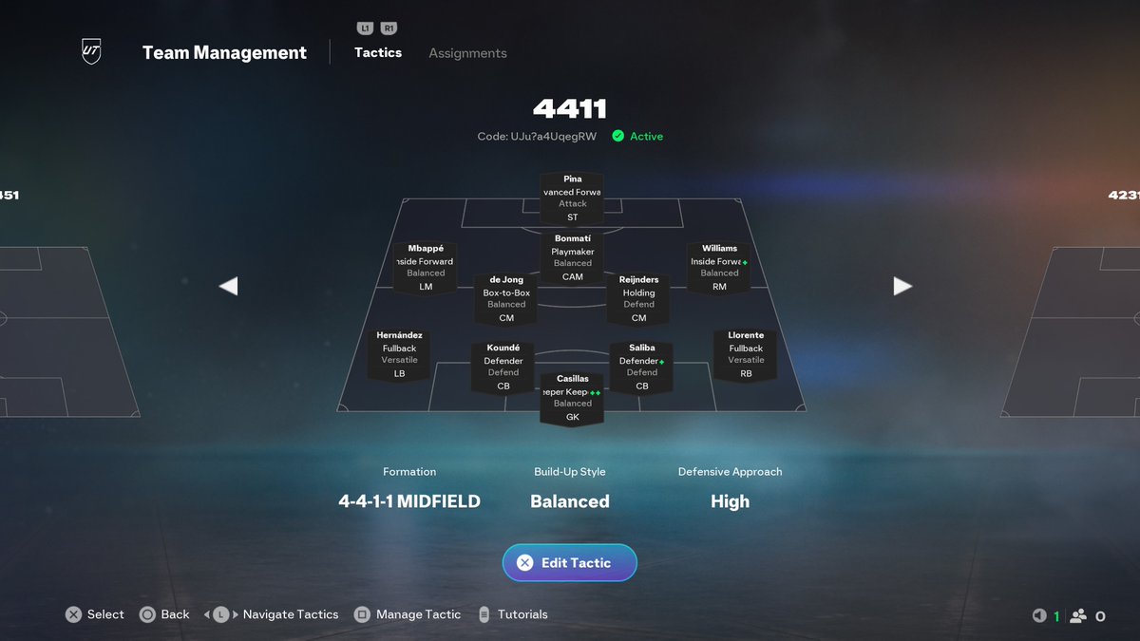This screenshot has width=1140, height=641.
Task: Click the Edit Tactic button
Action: [570, 563]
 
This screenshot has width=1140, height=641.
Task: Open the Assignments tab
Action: [467, 53]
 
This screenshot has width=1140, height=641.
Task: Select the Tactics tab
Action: [378, 52]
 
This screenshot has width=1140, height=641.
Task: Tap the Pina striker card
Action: [572, 198]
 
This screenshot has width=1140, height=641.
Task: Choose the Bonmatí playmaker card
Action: [572, 257]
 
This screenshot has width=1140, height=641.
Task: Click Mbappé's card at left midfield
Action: [426, 268]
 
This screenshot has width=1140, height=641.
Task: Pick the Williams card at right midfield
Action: [719, 268]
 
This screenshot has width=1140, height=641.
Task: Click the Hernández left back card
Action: [399, 354]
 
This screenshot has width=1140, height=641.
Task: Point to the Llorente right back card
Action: [746, 354]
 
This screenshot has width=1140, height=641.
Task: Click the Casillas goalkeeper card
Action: [572, 398]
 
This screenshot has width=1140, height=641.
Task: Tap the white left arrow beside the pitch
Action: [228, 286]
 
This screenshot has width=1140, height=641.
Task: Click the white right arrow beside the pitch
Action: [902, 286]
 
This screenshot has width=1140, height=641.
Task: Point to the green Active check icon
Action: [618, 136]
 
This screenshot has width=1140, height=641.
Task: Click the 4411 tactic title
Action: [570, 109]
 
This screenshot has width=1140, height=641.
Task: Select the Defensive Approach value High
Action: [730, 501]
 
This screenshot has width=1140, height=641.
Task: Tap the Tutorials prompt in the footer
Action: [522, 614]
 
